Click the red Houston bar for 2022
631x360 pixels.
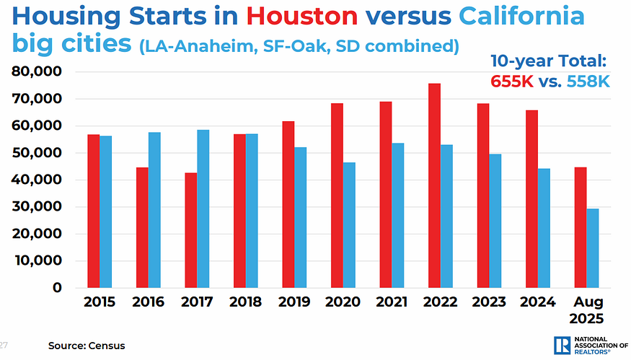(x=433, y=185)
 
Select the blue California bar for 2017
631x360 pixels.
(x=203, y=208)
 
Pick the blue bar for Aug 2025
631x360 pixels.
(x=592, y=248)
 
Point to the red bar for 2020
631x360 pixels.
(x=337, y=196)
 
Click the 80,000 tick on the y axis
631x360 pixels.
(x=36, y=72)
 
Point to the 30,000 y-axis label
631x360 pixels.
(x=36, y=207)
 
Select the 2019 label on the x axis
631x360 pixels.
(x=294, y=302)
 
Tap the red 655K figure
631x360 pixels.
(x=512, y=82)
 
